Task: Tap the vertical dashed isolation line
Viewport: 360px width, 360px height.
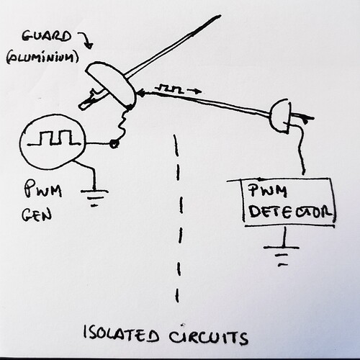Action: (x=174, y=216)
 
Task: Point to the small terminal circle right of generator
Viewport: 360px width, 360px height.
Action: (x=114, y=145)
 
